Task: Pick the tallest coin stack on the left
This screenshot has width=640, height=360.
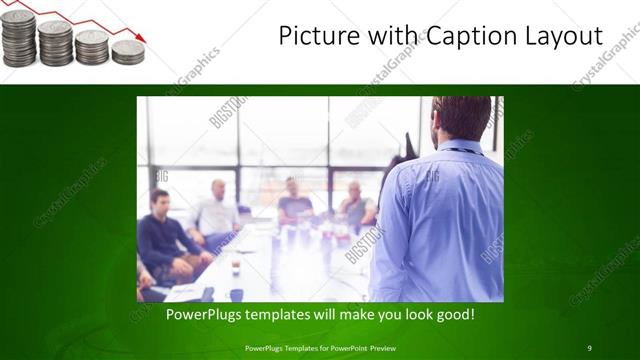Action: pyautogui.click(x=18, y=38)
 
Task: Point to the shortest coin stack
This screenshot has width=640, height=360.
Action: pyautogui.click(x=127, y=52)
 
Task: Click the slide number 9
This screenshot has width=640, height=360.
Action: pyautogui.click(x=590, y=347)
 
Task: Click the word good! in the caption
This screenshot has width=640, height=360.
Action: pyautogui.click(x=454, y=315)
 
